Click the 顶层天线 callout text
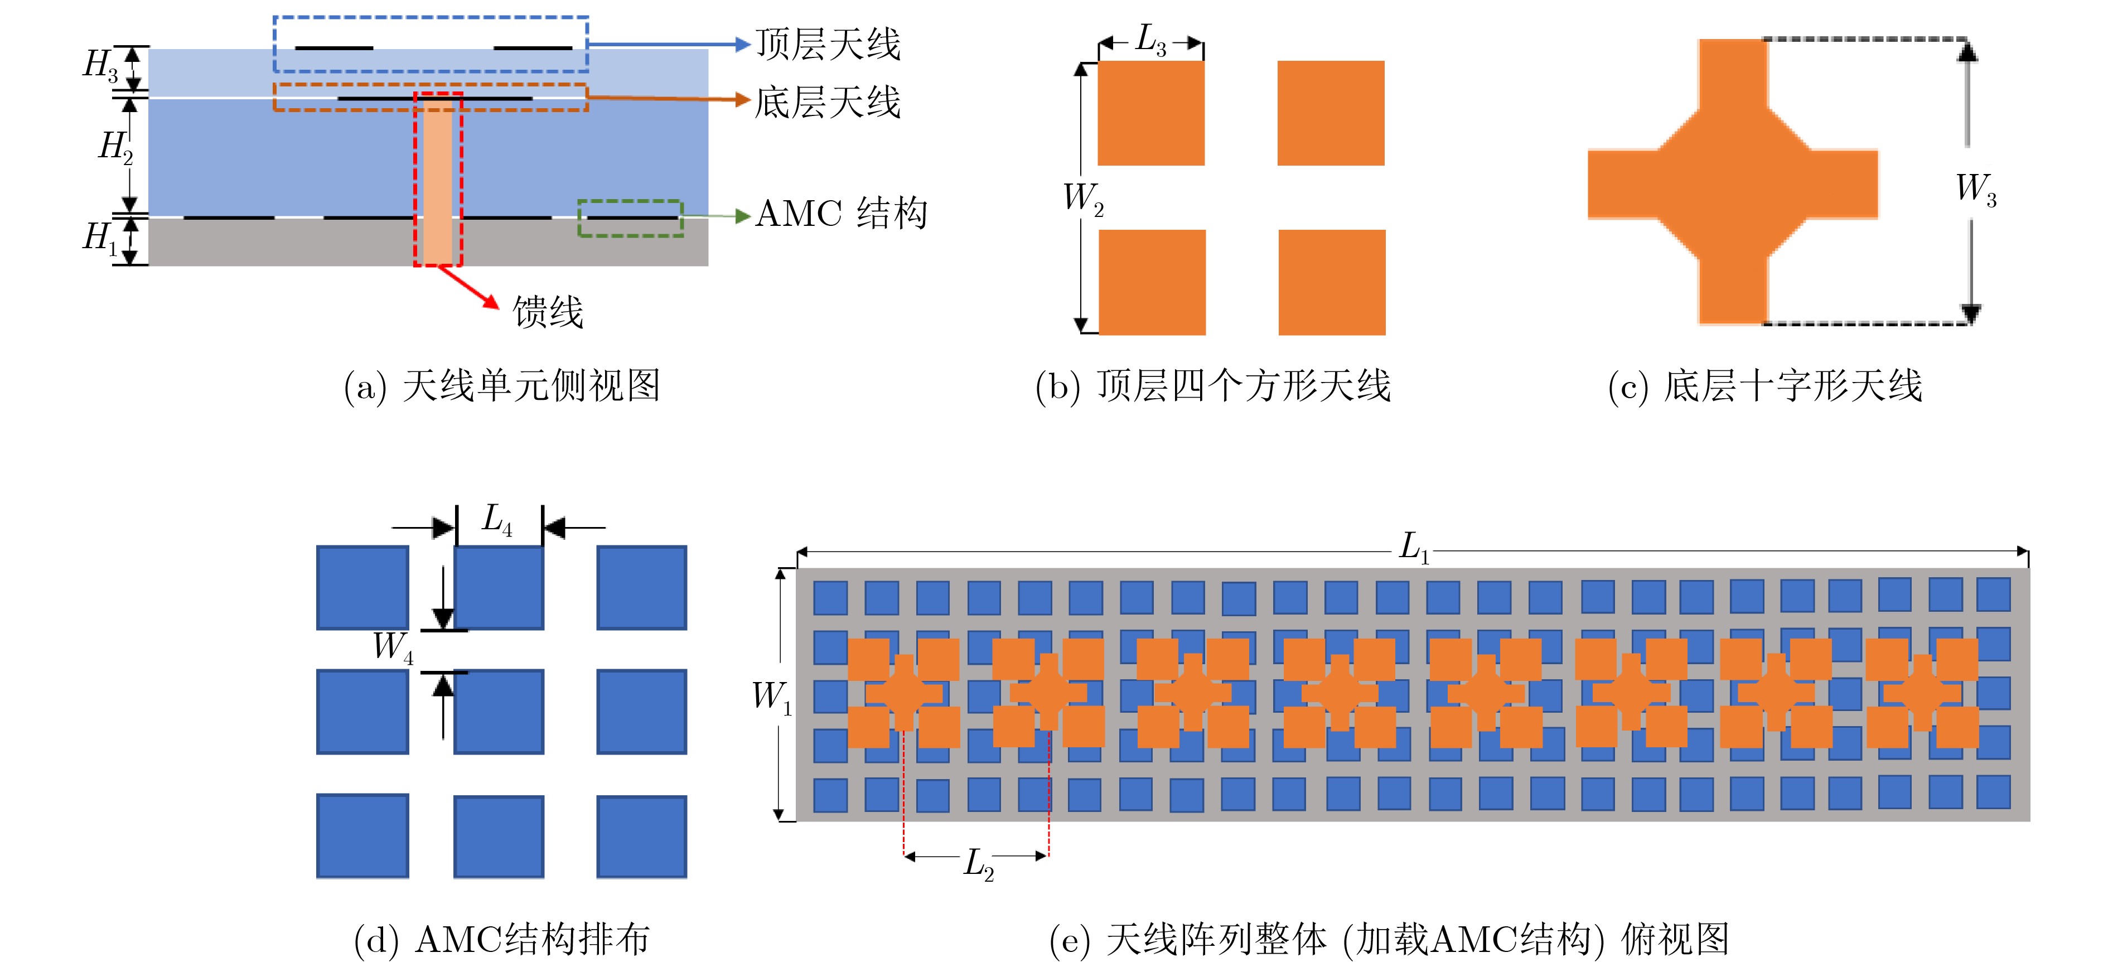point(828,44)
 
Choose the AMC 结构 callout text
point(841,214)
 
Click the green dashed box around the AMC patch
point(630,219)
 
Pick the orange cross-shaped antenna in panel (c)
point(1733,182)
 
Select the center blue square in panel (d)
point(499,711)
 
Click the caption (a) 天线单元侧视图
point(502,386)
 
